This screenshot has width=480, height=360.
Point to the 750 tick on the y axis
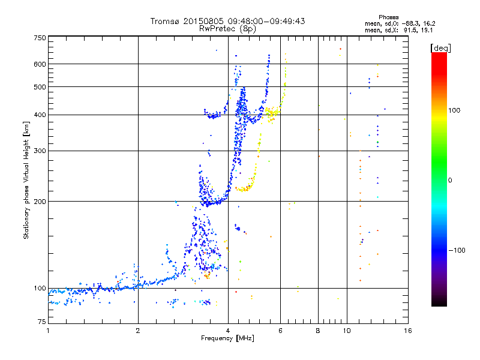40,38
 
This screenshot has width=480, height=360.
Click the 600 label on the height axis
40,64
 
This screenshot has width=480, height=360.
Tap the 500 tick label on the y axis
40,87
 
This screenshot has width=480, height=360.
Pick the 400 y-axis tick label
40,115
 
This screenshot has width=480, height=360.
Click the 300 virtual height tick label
40,151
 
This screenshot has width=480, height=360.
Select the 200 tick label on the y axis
40,202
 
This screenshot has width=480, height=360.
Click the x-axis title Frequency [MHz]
228,339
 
